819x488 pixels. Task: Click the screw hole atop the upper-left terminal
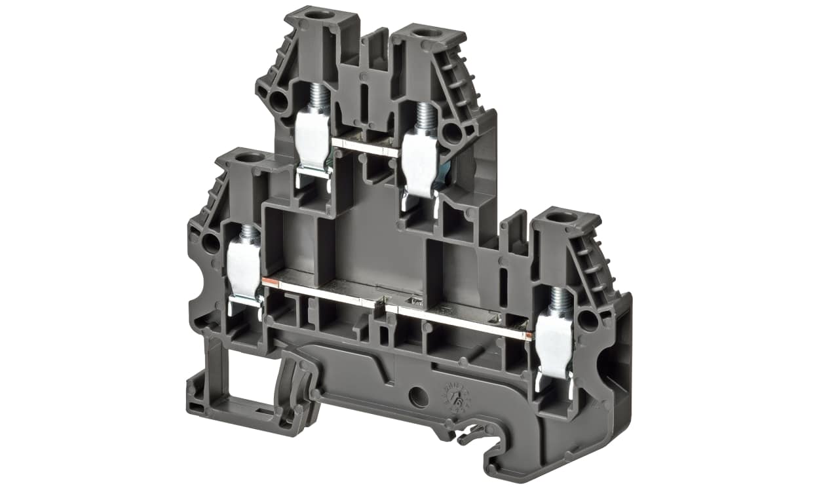(318, 14)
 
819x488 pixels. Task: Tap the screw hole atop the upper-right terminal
(427, 32)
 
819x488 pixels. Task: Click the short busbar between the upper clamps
(364, 146)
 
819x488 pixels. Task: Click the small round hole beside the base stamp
(415, 396)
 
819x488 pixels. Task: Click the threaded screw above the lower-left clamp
(248, 232)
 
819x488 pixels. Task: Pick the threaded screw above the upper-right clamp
(425, 117)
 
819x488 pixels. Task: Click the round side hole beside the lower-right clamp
(588, 320)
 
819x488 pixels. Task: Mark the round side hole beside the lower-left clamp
(210, 244)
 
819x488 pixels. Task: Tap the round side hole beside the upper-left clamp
(278, 102)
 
